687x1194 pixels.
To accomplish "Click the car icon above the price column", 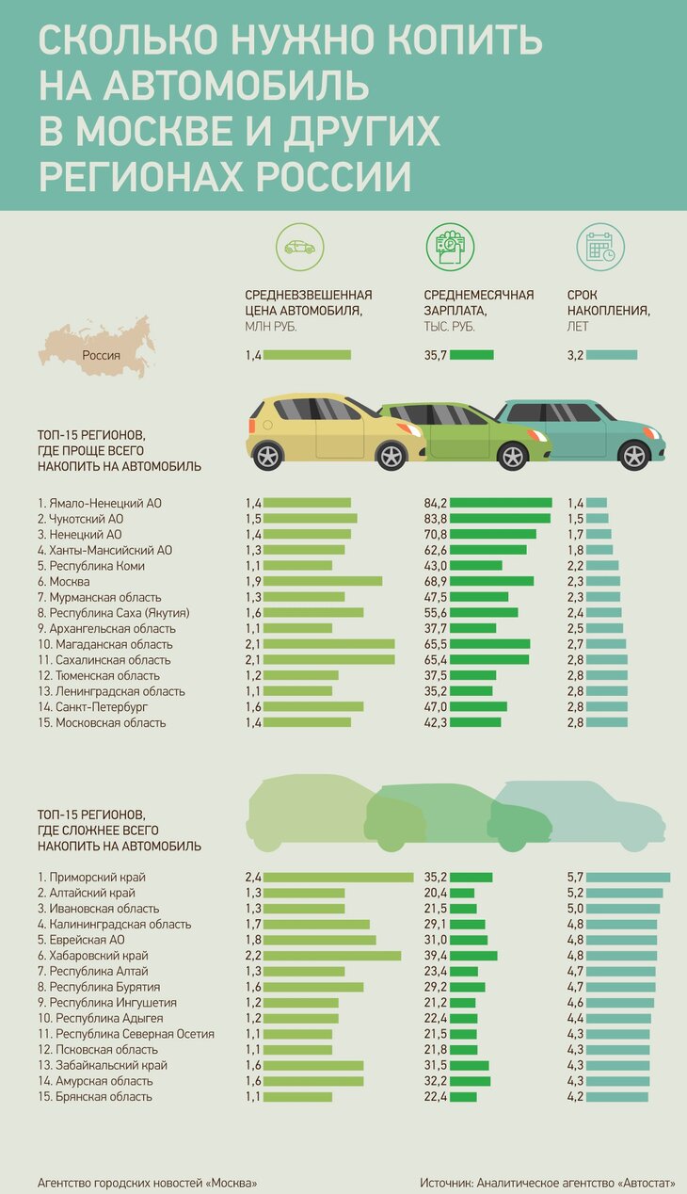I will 300,248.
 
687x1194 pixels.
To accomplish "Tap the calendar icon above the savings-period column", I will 600,248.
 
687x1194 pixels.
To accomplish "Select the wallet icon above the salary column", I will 450,248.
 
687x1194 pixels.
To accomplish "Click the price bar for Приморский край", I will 338,878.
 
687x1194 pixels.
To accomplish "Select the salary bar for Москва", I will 492,582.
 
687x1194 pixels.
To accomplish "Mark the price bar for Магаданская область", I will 328,644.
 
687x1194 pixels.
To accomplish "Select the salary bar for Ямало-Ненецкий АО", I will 501,504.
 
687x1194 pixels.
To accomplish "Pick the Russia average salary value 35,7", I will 435,355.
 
